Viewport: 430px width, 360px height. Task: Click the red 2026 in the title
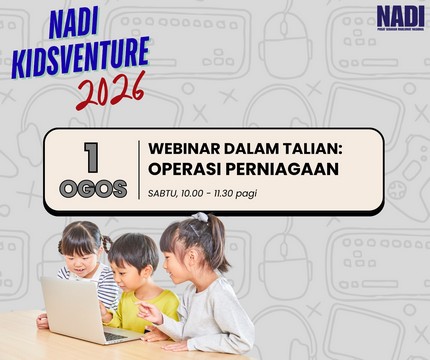click(x=111, y=91)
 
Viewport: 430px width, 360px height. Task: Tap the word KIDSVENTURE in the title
click(x=81, y=57)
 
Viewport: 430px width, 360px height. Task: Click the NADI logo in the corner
click(x=400, y=17)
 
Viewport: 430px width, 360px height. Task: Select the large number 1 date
click(x=91, y=157)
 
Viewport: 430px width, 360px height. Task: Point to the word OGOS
click(x=93, y=189)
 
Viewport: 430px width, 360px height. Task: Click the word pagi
click(x=246, y=194)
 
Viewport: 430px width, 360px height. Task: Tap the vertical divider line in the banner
click(x=139, y=170)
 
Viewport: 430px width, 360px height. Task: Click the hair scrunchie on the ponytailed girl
click(x=200, y=217)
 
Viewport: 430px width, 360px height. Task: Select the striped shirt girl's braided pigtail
click(x=107, y=244)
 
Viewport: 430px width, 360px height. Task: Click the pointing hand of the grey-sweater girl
click(x=149, y=312)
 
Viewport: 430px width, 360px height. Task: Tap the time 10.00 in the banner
click(x=192, y=193)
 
